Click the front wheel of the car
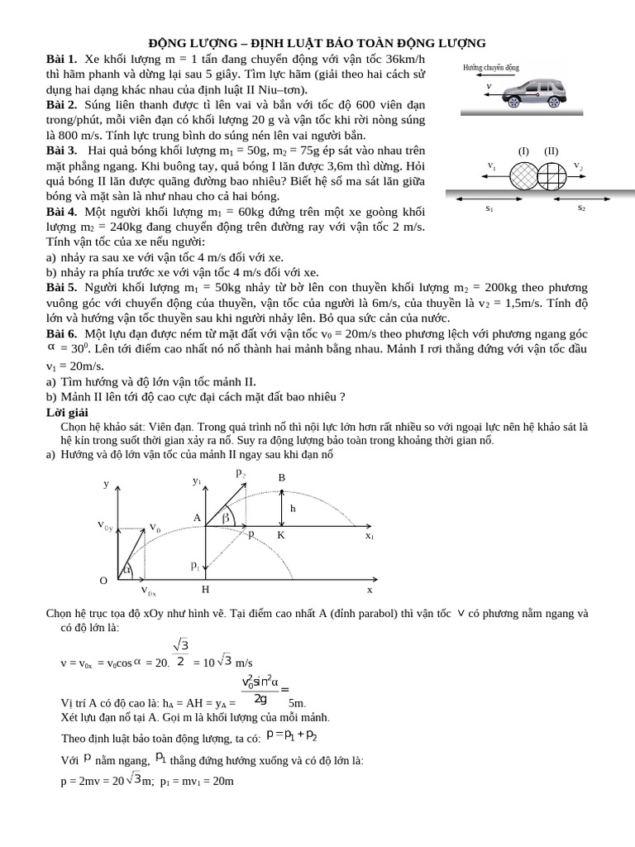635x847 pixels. point(513,102)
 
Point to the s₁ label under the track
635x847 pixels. point(489,209)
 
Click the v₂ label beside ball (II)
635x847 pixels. point(580,165)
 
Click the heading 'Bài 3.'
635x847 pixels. point(61,150)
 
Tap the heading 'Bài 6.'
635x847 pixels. point(61,333)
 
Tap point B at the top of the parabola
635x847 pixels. point(281,478)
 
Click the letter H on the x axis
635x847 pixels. point(206,591)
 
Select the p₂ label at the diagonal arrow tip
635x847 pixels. point(241,473)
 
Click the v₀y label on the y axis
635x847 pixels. point(105,526)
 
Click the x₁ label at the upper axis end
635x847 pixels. point(370,536)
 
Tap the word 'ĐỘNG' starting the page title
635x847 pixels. point(168,43)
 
